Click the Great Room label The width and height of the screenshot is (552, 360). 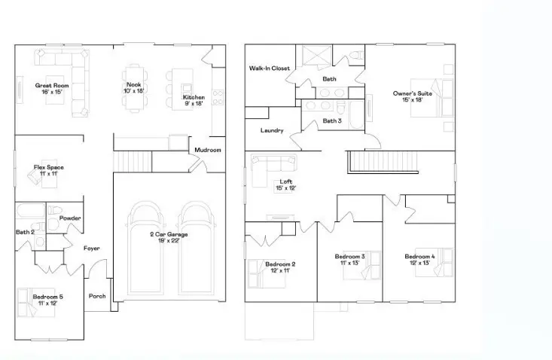[52, 86]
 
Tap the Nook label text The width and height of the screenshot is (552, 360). [134, 85]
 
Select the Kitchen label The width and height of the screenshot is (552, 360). [193, 98]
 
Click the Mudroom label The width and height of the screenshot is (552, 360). [208, 150]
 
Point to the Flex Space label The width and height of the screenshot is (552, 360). [46, 167]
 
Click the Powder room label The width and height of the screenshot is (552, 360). [70, 218]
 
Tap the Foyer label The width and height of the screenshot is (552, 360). [91, 248]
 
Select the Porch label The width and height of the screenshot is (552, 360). [97, 296]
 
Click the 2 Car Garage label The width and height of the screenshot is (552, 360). [169, 235]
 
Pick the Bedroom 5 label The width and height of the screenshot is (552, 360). [47, 297]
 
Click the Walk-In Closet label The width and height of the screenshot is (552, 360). [270, 69]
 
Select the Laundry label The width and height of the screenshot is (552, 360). [272, 130]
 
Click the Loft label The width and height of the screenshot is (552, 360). [285, 182]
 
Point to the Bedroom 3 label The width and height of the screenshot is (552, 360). [349, 257]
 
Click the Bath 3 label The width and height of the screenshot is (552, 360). [332, 121]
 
